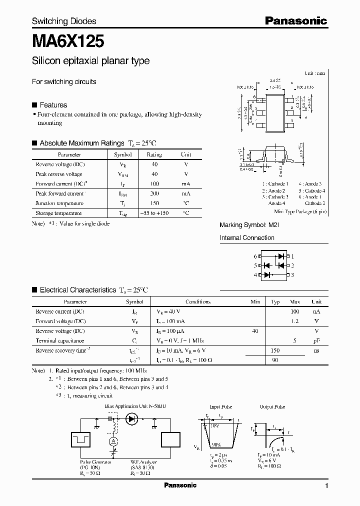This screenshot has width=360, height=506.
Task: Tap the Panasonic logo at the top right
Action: [x=295, y=21]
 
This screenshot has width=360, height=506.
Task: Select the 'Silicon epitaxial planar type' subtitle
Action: [x=90, y=61]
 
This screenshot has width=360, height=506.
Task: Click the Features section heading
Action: [x=53, y=105]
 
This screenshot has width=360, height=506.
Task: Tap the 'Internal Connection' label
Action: [x=247, y=238]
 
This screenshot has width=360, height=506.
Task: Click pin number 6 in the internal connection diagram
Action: [x=255, y=256]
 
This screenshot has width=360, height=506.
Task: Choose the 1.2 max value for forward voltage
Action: [x=295, y=321]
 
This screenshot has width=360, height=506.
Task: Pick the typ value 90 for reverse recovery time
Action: [x=275, y=359]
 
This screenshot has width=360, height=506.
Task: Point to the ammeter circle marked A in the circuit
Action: [x=113, y=440]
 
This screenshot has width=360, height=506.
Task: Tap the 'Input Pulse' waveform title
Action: [x=220, y=407]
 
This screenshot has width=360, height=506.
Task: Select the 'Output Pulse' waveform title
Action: [x=272, y=407]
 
